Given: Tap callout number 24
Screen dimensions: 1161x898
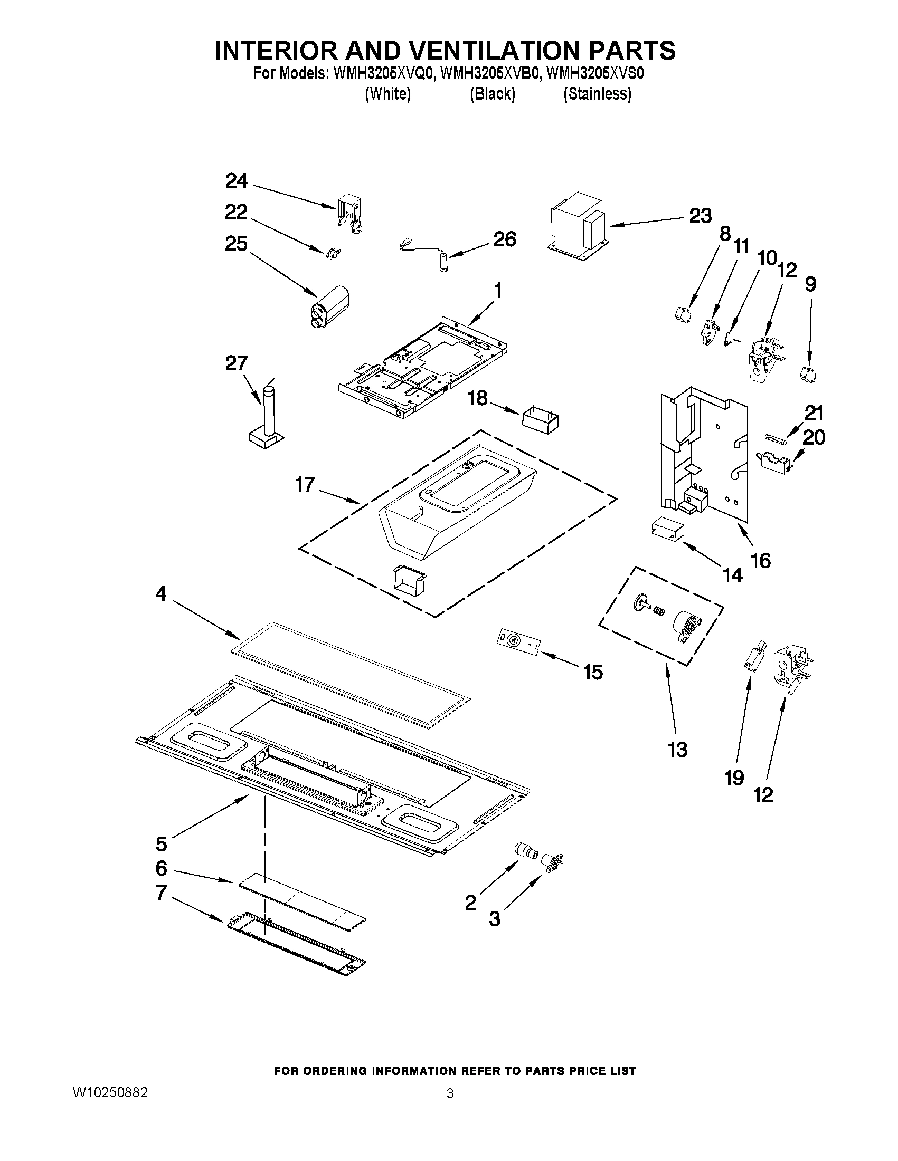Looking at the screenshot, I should point(236,181).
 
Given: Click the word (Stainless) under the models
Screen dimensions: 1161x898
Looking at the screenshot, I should point(598,94).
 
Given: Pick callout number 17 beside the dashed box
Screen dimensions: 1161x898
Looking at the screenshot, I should point(305,485).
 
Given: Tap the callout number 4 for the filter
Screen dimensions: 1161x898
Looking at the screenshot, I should point(161,594).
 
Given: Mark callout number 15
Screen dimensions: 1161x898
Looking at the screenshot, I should point(593,672).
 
